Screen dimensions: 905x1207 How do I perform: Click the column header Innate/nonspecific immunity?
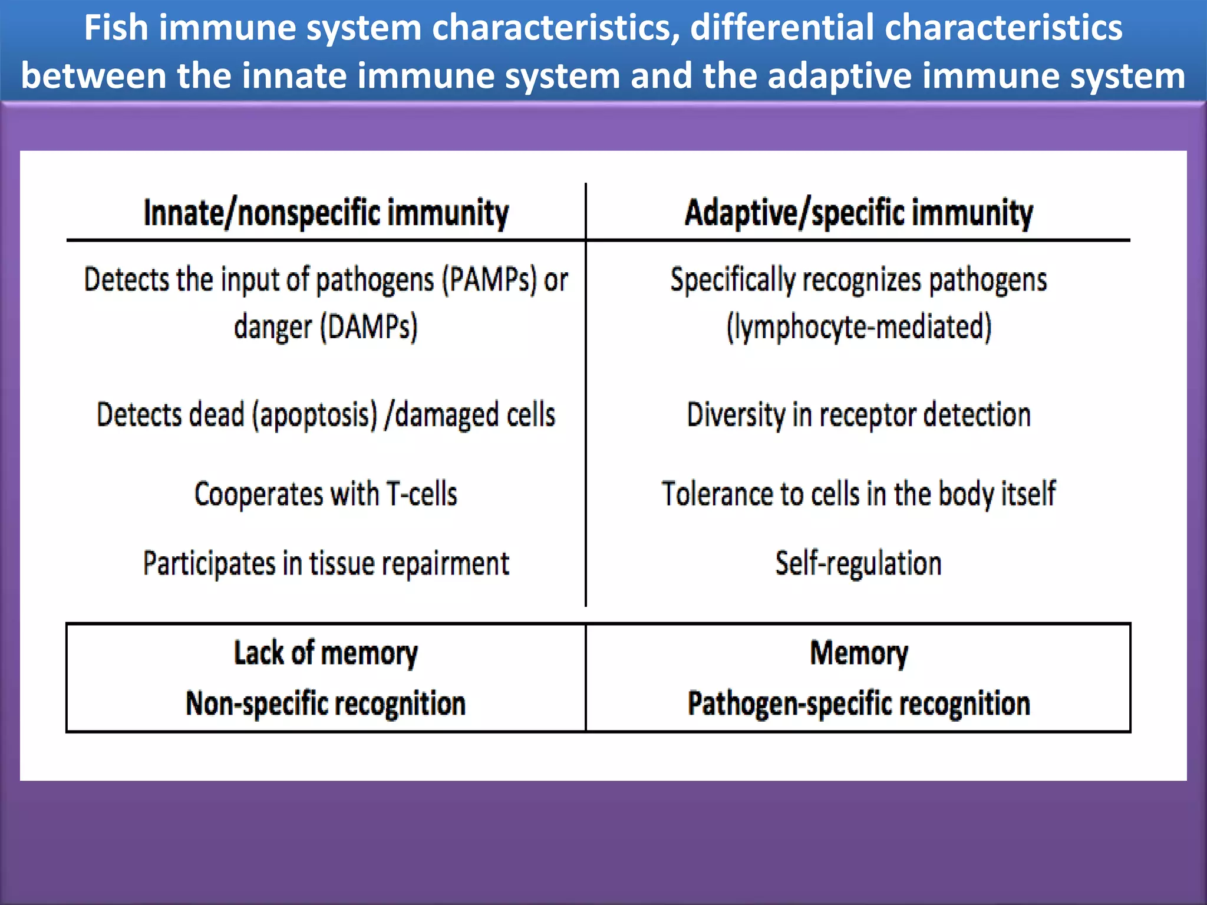pyautogui.click(x=326, y=213)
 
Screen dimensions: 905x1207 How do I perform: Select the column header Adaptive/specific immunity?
pyautogui.click(x=858, y=213)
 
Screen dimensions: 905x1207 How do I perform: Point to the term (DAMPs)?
pyautogui.click(x=368, y=327)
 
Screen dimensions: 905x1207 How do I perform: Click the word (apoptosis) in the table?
pyautogui.click(x=315, y=415)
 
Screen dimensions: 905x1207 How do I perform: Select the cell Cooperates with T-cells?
pyautogui.click(x=326, y=494)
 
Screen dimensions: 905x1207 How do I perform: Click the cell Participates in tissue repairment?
pyautogui.click(x=326, y=563)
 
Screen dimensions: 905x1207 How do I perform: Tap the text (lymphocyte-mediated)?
pyautogui.click(x=859, y=327)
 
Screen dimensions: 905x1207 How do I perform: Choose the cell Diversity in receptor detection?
pyautogui.click(x=859, y=415)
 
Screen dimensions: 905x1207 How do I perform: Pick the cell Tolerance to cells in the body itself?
pyautogui.click(x=859, y=494)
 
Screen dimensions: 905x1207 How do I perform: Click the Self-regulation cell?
pyautogui.click(x=859, y=563)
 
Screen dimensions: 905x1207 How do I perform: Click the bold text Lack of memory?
pyautogui.click(x=326, y=653)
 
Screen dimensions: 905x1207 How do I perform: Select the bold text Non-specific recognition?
pyautogui.click(x=326, y=703)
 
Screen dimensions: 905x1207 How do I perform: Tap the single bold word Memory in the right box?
pyautogui.click(x=859, y=653)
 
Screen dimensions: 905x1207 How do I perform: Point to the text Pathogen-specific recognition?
pyautogui.click(x=859, y=703)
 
